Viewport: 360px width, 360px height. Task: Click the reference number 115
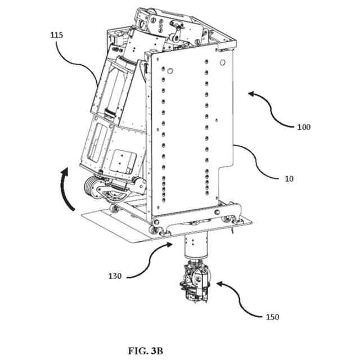56,35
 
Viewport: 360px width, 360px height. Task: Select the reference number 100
303,127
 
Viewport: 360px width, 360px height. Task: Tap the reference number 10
289,179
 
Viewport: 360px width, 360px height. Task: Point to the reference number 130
115,276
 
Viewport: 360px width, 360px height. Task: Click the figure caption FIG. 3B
145,352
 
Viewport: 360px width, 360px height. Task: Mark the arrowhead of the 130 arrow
172,244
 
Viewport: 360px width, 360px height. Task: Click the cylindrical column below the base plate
195,248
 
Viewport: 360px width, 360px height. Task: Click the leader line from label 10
259,163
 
